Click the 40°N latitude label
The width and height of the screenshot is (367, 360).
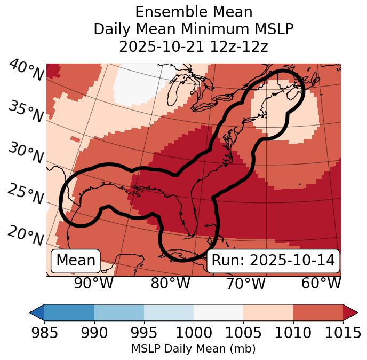click(x=25, y=71)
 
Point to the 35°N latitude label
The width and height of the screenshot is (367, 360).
click(x=25, y=111)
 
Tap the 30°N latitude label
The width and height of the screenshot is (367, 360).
click(x=25, y=153)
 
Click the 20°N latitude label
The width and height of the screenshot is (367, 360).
click(x=25, y=235)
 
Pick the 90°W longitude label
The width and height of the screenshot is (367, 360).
click(x=93, y=283)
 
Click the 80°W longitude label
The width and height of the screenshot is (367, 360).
click(x=170, y=283)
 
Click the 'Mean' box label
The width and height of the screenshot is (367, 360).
click(x=76, y=261)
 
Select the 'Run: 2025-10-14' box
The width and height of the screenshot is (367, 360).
click(x=273, y=261)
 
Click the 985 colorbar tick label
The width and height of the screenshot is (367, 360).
click(x=44, y=333)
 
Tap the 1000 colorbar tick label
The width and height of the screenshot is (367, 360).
click(x=194, y=333)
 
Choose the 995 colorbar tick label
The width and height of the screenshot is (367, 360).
click(x=144, y=333)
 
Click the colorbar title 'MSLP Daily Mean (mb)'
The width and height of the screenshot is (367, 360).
click(x=194, y=349)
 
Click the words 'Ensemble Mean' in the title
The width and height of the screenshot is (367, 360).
click(x=194, y=12)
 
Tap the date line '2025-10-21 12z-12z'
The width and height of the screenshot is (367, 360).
click(x=194, y=46)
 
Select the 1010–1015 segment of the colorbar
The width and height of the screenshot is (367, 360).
click(x=318, y=312)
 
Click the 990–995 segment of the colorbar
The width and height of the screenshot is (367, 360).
click(x=119, y=312)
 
